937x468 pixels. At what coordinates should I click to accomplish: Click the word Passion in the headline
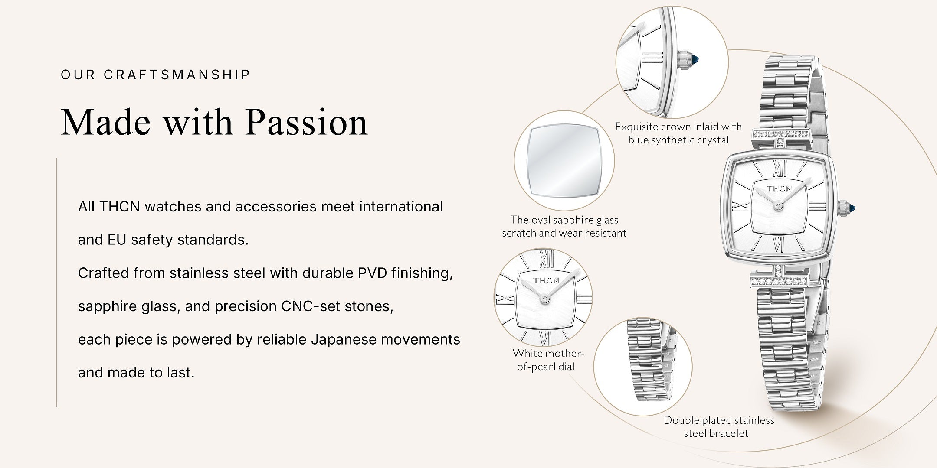(306, 122)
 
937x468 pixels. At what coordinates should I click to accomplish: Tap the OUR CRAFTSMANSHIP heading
(156, 75)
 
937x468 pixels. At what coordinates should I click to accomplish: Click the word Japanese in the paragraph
(344, 339)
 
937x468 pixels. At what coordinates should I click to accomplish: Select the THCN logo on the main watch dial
(779, 188)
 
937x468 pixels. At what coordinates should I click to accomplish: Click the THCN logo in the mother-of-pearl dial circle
(546, 280)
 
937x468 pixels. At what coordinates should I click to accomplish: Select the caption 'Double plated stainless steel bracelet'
(718, 426)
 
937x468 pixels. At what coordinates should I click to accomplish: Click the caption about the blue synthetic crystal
(678, 133)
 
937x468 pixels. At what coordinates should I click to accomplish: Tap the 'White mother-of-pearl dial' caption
(548, 360)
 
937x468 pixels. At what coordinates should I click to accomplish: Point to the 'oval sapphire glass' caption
(564, 226)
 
